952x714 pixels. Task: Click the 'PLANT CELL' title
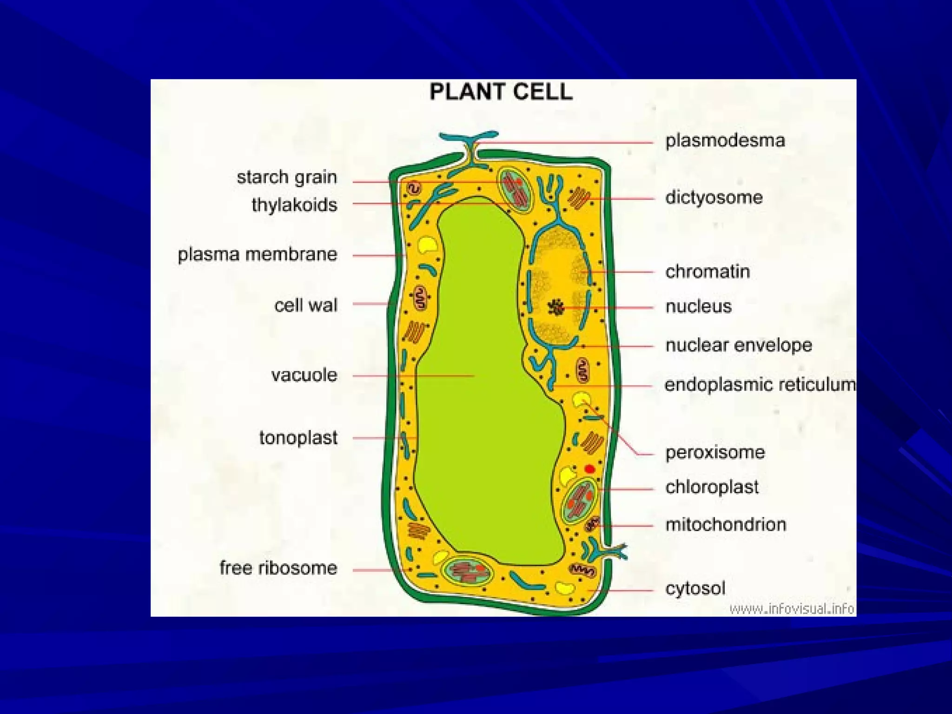[x=501, y=92]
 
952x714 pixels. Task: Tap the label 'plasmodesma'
[x=725, y=140]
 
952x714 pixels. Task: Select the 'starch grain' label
[x=287, y=177]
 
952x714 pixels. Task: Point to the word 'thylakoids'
[x=294, y=205]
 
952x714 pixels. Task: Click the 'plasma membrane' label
[x=258, y=254]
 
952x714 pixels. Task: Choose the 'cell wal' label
[x=305, y=305]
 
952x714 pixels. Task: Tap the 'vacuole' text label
[x=304, y=375]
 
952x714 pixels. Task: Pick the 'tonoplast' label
[x=298, y=437]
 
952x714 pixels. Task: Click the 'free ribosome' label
[x=278, y=568]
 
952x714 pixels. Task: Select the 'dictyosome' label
[x=714, y=198]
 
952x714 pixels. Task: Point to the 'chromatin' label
[x=707, y=271]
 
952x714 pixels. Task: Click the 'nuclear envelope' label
[x=738, y=345]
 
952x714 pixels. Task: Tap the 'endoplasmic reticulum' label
[x=760, y=385]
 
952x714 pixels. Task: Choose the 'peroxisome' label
[x=714, y=452]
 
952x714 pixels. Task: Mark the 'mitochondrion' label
[x=725, y=525]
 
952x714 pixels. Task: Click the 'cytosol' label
[x=695, y=588]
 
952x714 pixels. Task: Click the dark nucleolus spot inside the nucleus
[x=555, y=307]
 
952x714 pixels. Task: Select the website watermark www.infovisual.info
[x=792, y=608]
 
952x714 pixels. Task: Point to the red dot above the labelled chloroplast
[x=590, y=469]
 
